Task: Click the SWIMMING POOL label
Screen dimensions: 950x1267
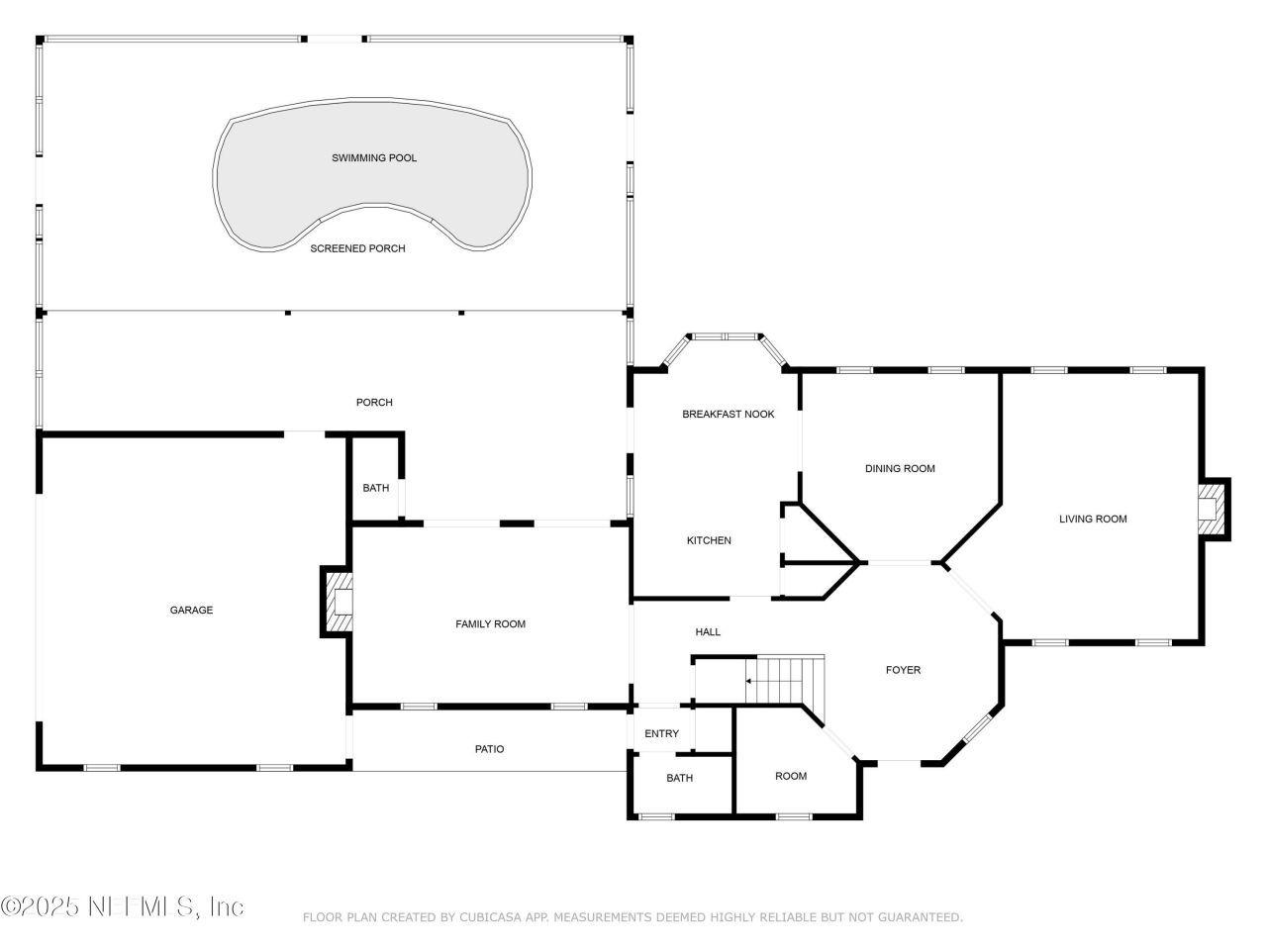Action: click(374, 158)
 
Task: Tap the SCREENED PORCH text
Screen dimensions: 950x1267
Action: click(357, 248)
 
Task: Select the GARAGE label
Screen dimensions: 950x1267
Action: click(191, 611)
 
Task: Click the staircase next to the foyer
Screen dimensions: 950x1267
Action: click(784, 681)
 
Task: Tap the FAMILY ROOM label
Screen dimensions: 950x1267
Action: click(490, 624)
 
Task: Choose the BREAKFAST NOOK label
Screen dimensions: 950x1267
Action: click(728, 415)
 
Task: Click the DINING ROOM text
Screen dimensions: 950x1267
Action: click(900, 469)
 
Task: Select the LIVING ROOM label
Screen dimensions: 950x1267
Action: click(1093, 520)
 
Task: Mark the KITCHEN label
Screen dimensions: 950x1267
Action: click(709, 540)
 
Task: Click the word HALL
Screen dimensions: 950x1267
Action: click(708, 632)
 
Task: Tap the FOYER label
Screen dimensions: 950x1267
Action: click(903, 671)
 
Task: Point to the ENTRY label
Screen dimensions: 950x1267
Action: click(661, 734)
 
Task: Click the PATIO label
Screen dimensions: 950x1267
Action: click(489, 749)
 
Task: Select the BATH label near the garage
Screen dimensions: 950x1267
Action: click(375, 488)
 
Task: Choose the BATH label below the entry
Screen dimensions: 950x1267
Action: click(679, 779)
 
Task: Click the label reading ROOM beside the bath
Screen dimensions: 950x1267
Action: click(791, 777)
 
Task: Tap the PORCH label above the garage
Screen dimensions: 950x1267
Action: click(374, 403)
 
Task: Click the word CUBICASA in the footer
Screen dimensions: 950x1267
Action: click(491, 918)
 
